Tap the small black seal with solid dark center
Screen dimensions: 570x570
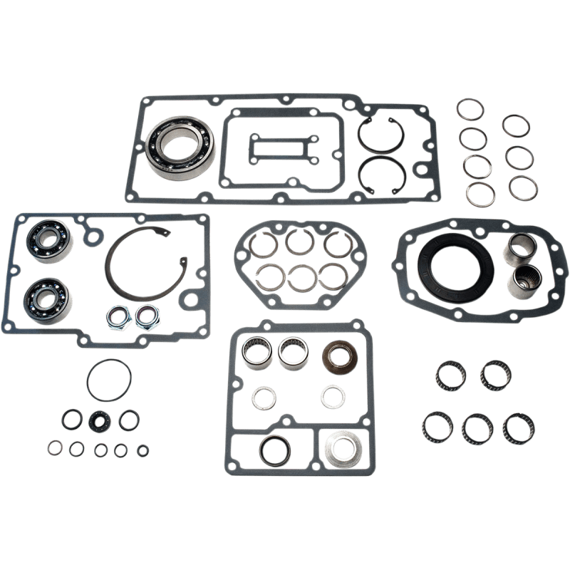(98, 421)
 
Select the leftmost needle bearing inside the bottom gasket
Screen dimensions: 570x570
(256, 351)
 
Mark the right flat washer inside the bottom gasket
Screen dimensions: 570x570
(331, 394)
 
